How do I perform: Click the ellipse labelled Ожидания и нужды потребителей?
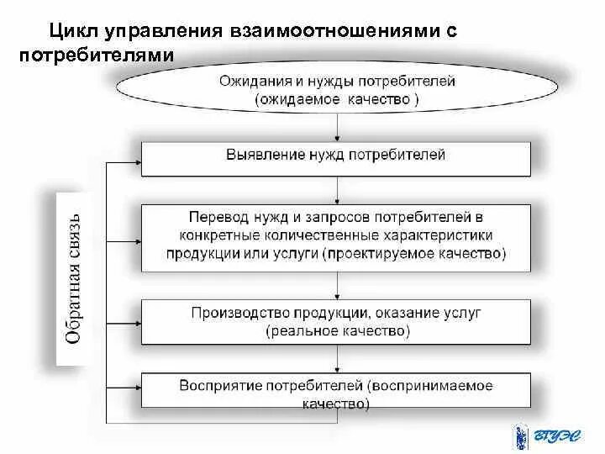(x=336, y=90)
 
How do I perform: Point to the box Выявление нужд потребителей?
(x=336, y=158)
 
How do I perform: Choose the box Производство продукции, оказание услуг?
(x=336, y=321)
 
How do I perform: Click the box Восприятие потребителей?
(x=336, y=394)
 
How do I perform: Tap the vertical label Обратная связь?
(x=74, y=277)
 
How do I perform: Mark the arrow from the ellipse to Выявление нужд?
(x=337, y=127)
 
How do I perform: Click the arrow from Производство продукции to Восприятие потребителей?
(x=337, y=359)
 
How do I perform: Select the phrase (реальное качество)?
(x=337, y=331)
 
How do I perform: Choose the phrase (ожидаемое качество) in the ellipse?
(x=337, y=99)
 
